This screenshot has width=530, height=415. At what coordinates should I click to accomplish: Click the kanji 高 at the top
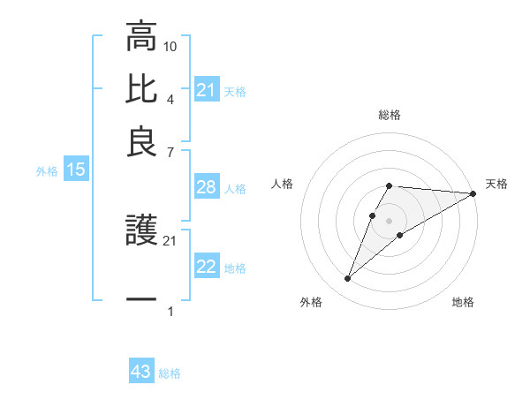[141, 38]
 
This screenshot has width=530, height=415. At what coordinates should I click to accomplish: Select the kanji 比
[141, 88]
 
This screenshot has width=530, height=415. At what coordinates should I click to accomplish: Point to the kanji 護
[141, 232]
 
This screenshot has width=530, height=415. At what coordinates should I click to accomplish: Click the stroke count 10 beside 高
[170, 45]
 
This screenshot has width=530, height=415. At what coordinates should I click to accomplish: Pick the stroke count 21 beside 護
[170, 240]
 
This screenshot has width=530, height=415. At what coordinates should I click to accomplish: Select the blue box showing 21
[206, 90]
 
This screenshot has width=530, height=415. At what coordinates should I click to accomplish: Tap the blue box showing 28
[206, 188]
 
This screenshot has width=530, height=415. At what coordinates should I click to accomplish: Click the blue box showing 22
[206, 268]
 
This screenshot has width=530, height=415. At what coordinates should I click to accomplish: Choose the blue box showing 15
[75, 170]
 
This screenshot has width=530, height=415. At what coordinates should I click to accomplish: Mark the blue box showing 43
[140, 372]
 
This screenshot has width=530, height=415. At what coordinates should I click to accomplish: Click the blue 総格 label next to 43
[170, 373]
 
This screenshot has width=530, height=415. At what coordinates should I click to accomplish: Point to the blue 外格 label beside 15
[46, 171]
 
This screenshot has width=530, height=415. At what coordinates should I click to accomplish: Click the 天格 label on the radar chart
[496, 184]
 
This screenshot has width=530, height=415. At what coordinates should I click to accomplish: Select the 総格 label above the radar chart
[389, 116]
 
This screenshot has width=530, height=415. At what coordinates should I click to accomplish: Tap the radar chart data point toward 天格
[473, 193]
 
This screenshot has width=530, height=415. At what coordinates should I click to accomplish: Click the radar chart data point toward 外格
[347, 279]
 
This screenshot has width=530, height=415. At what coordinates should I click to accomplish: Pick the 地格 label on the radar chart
[463, 303]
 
